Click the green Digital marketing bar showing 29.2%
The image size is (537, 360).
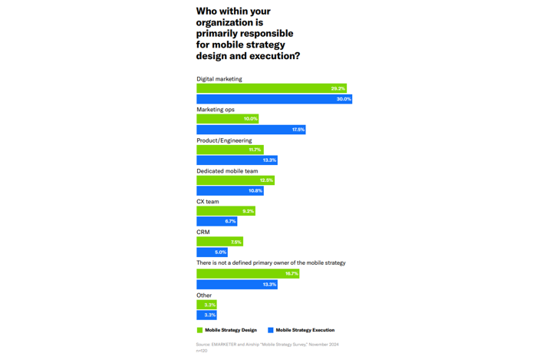(271, 89)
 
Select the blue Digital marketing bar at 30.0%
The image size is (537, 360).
(274, 99)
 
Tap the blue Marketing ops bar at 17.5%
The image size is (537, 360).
(251, 130)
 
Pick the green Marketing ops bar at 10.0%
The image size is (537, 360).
(227, 119)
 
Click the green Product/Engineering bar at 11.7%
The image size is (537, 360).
(229, 150)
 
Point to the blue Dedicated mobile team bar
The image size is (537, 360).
(229, 191)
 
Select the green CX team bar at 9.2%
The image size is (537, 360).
(226, 211)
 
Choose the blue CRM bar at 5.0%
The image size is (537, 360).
(212, 253)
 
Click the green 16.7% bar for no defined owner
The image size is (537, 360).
(248, 273)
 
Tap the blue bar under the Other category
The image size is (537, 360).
(206, 315)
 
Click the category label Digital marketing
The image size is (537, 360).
(219, 79)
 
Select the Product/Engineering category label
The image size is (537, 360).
(224, 140)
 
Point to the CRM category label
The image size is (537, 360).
(203, 232)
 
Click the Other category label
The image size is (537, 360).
(203, 295)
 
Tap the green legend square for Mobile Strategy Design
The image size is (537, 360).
(199, 330)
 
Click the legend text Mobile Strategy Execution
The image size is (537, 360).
(305, 330)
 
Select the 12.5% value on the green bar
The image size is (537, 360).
(266, 180)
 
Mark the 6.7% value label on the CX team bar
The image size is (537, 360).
(230, 222)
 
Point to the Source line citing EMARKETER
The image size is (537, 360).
(267, 345)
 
